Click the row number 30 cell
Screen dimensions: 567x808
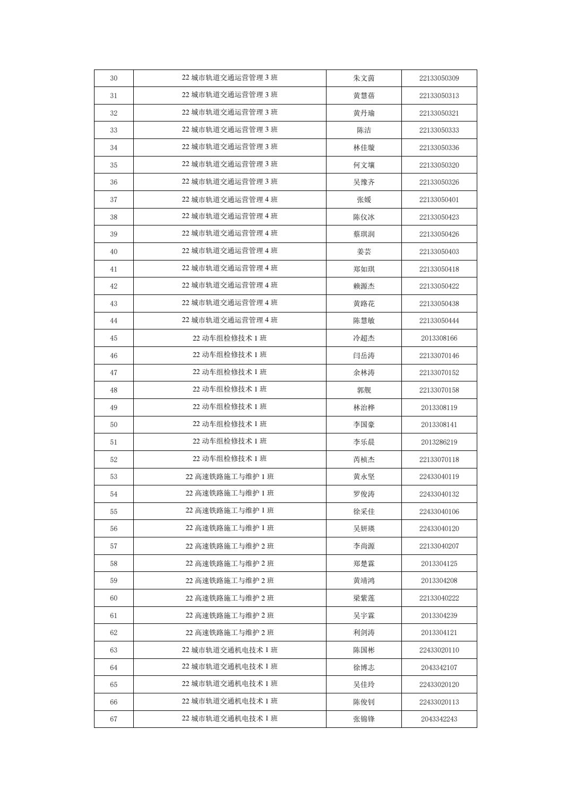[x=114, y=78]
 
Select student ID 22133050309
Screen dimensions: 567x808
[x=439, y=78]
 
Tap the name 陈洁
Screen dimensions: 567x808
[x=364, y=130]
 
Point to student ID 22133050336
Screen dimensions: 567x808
[x=439, y=147]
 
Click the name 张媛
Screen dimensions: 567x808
[x=364, y=199]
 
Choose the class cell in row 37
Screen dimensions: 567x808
[x=229, y=199]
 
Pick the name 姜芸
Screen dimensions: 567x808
[x=364, y=251]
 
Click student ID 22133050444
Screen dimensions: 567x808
[x=439, y=320]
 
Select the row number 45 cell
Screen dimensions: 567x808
[x=114, y=338]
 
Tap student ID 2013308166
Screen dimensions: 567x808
[x=439, y=338]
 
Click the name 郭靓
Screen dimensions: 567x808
[x=364, y=390]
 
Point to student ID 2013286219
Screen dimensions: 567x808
[x=439, y=442]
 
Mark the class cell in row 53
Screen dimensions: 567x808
[x=229, y=476]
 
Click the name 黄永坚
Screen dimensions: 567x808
[x=364, y=476]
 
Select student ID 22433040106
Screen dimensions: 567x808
[x=439, y=511]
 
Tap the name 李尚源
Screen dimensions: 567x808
[x=364, y=546]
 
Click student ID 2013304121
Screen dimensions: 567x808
[x=439, y=632]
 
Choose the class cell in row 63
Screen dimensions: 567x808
[x=229, y=650]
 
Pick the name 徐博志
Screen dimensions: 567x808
[x=364, y=667]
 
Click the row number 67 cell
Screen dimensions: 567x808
[x=114, y=719]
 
